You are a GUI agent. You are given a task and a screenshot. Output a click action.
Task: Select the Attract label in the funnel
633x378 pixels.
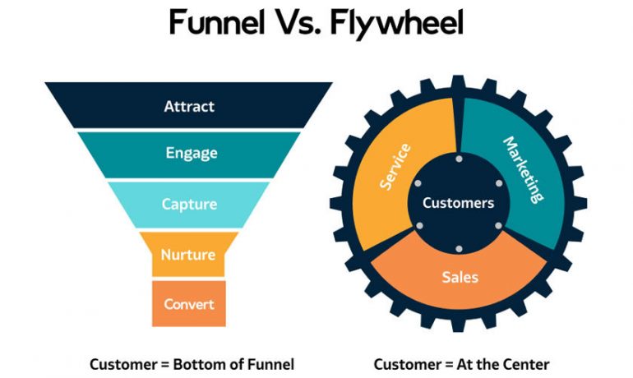189,106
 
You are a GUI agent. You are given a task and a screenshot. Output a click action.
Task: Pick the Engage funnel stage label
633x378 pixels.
189,153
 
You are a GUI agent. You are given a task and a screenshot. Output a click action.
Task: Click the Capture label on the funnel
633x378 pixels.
189,205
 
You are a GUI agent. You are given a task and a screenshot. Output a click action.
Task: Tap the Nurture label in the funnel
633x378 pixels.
189,255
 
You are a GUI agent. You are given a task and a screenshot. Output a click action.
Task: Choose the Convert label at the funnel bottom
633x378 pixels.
189,304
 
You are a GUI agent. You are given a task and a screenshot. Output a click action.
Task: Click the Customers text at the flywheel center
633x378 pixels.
459,203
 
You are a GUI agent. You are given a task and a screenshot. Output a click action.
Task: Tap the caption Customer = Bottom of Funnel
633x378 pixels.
191,363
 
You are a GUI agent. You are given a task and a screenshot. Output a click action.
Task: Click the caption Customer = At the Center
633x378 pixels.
461,363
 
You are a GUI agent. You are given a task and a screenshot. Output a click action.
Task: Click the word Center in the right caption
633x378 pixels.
527,363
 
